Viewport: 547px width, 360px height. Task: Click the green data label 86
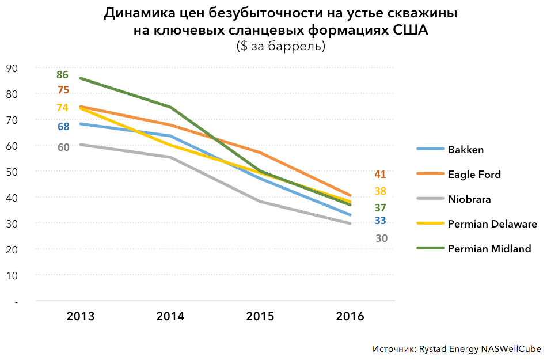[x=62, y=75]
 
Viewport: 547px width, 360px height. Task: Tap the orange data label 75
[x=63, y=90]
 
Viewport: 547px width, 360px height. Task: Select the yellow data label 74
[x=62, y=108]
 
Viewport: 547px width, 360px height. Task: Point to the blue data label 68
[x=63, y=127]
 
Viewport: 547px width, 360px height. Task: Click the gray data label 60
[x=63, y=147]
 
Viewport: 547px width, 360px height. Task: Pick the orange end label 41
[x=380, y=175]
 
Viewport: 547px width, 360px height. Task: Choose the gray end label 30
[x=381, y=238]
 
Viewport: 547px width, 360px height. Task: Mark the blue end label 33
[x=380, y=221]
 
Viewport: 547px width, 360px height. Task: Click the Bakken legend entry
[x=465, y=150]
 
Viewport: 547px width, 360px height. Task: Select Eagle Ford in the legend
[x=474, y=175]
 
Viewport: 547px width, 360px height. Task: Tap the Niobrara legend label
[x=469, y=199]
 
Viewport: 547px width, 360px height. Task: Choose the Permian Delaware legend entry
[x=492, y=224]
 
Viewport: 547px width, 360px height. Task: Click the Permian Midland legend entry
[x=489, y=249]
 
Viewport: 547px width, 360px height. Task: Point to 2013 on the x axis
[x=81, y=316]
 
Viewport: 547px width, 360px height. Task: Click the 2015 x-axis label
[x=260, y=316]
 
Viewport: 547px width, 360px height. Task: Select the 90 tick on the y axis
[x=12, y=68]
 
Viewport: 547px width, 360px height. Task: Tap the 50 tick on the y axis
[x=12, y=172]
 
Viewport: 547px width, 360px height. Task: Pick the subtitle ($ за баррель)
[x=280, y=46]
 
